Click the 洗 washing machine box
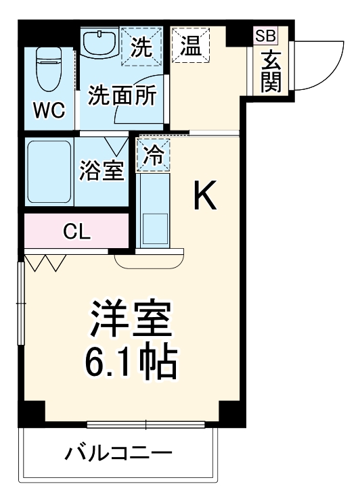coord(142,47)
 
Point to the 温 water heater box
coord(192,47)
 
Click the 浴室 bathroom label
coord(102,171)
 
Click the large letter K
coord(205,196)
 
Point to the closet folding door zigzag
coord(46,262)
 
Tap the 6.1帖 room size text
coord(131,362)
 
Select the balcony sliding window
coord(146,425)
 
